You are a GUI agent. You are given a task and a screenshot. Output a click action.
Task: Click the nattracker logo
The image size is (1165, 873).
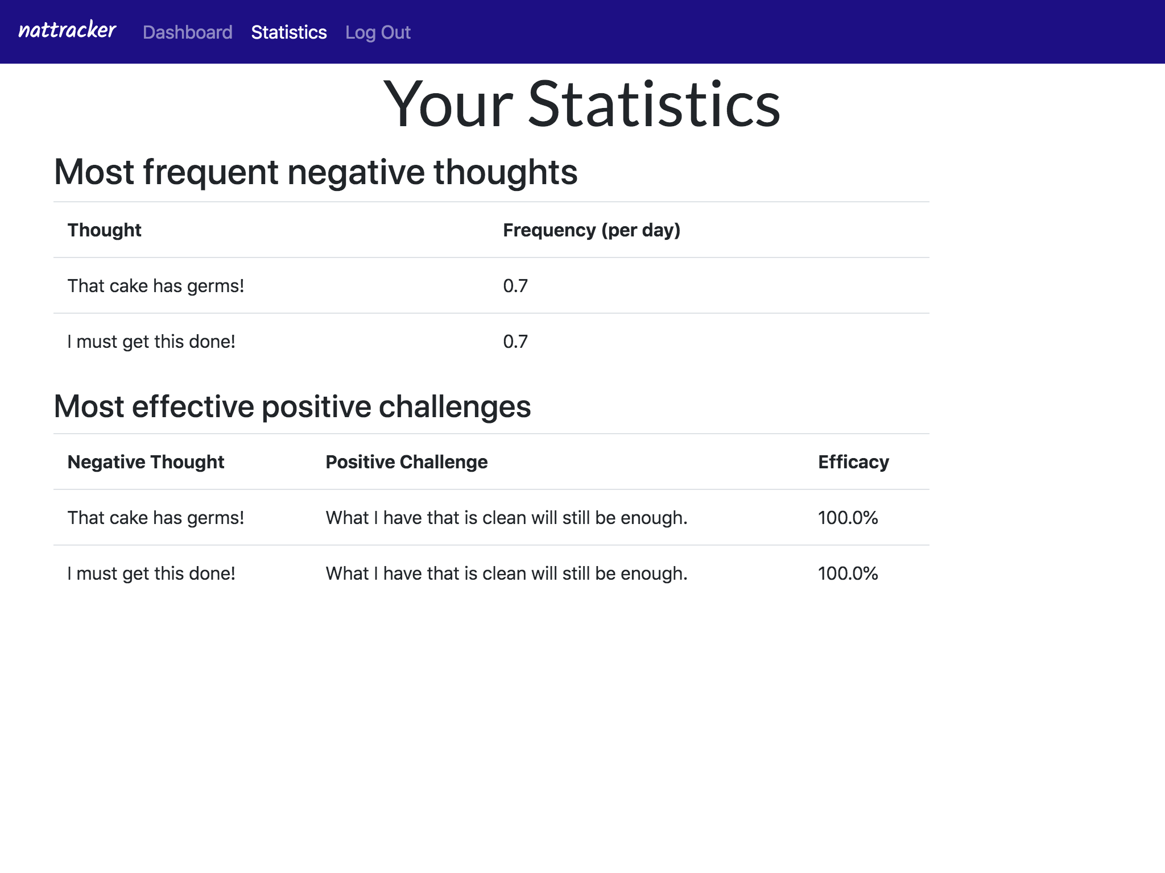[x=67, y=30]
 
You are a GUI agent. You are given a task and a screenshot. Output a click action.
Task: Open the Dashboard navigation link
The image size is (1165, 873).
[x=187, y=32]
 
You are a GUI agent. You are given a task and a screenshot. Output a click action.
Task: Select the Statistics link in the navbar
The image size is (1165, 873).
[x=288, y=32]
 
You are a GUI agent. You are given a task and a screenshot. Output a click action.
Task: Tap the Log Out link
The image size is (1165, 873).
[x=378, y=32]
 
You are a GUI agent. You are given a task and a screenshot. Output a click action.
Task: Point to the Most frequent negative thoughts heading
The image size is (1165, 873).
[x=316, y=172]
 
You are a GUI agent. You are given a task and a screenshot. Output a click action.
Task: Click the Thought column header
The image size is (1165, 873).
[x=104, y=230]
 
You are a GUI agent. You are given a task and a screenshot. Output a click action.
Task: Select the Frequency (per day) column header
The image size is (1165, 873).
[x=592, y=230]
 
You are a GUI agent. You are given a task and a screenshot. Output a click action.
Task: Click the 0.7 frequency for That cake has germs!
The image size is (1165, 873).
[x=515, y=286]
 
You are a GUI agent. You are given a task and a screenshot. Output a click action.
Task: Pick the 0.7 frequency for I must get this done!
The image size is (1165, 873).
[x=515, y=342]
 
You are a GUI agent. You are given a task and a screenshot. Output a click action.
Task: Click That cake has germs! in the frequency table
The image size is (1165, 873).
[x=155, y=286]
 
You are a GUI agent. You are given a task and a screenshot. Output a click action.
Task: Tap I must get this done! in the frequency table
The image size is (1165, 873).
[x=151, y=342]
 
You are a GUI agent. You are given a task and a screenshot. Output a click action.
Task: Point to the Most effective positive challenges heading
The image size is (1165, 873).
[x=292, y=407]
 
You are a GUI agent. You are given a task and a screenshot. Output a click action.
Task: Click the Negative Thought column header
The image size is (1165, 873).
[x=146, y=462]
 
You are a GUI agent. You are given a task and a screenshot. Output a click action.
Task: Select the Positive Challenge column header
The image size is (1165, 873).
[x=406, y=462]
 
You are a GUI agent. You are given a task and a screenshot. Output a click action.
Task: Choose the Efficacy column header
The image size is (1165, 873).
[x=853, y=462]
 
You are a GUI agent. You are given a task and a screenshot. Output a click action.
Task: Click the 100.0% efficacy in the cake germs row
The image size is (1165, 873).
[x=848, y=518]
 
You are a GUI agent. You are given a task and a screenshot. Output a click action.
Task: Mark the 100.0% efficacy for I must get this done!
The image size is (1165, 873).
[x=848, y=573]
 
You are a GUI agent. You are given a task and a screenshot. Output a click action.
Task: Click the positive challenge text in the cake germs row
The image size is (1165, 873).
[x=506, y=518]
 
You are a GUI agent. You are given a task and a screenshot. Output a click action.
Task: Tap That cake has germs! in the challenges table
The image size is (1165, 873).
[x=155, y=518]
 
